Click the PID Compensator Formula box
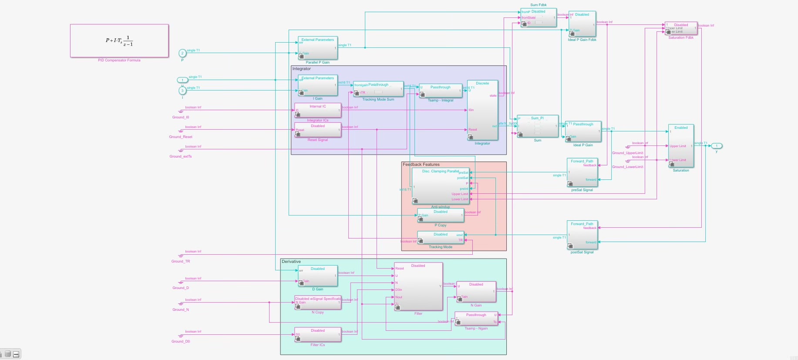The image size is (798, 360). point(119,40)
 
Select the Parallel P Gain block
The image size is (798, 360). point(318,48)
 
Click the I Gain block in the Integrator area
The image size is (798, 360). point(318,85)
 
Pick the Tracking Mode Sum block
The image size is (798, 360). point(378,89)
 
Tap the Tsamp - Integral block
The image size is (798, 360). point(440,91)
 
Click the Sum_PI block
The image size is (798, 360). point(537,126)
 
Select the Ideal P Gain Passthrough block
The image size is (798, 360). point(583,131)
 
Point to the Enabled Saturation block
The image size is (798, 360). point(681,146)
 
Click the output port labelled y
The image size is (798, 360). point(717,146)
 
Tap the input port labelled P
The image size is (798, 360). point(182,53)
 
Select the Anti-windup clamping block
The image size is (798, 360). point(441,186)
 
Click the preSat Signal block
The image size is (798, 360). point(582,173)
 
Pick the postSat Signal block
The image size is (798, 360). point(582,236)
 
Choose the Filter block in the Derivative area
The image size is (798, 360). point(418,286)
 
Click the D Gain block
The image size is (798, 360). point(318,276)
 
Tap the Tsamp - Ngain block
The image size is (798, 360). point(476,319)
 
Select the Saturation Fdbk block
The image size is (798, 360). point(681,28)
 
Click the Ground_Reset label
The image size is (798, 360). point(181,137)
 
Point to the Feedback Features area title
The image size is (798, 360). point(421,165)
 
